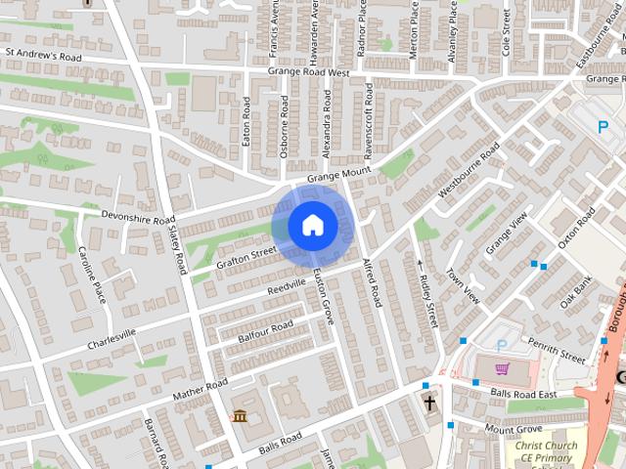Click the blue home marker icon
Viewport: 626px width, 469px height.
312,226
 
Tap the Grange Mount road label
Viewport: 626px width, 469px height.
338,175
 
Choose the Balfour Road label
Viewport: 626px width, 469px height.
265,331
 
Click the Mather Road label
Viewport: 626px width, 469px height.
200,389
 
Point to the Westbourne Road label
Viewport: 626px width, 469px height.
469,171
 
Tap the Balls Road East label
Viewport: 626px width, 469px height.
523,394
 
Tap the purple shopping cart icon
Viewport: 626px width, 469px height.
503,369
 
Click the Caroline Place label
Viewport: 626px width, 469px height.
92,275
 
